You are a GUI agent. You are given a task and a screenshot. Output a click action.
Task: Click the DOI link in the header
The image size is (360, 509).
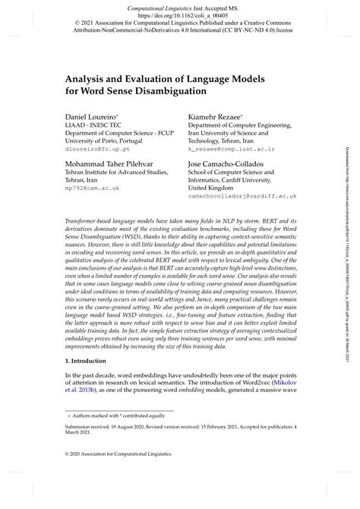pyautogui.click(x=179, y=14)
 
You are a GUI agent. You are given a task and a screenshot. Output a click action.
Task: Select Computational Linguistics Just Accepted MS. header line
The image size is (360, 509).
pyautogui.click(x=179, y=5)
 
